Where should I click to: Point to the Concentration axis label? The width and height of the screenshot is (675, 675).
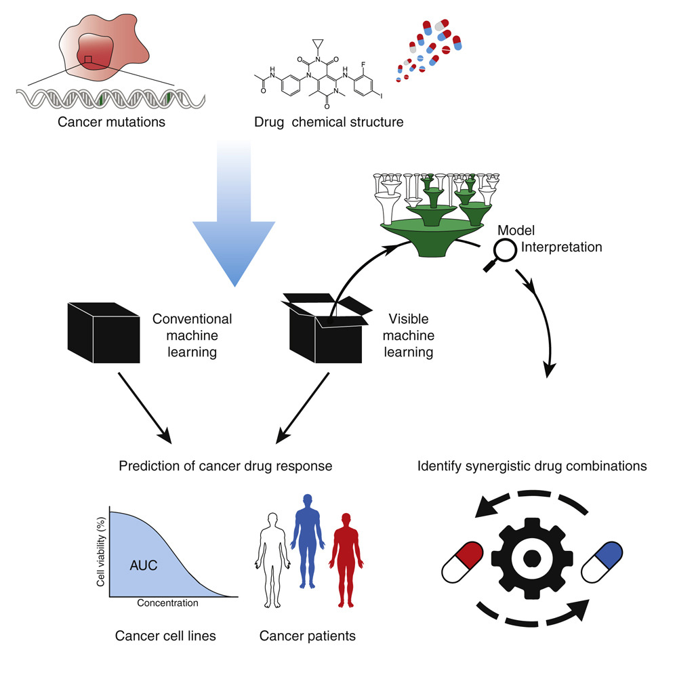pos(167,602)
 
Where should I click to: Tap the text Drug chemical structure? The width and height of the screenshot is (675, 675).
pos(329,123)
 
